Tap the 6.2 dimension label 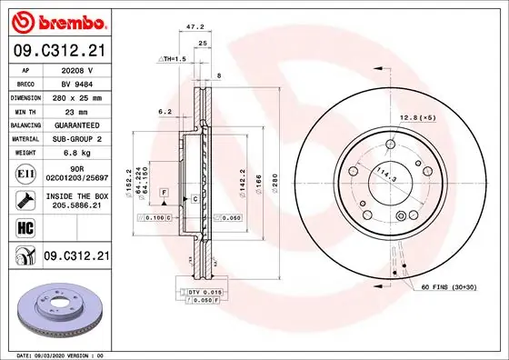tap(165, 111)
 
